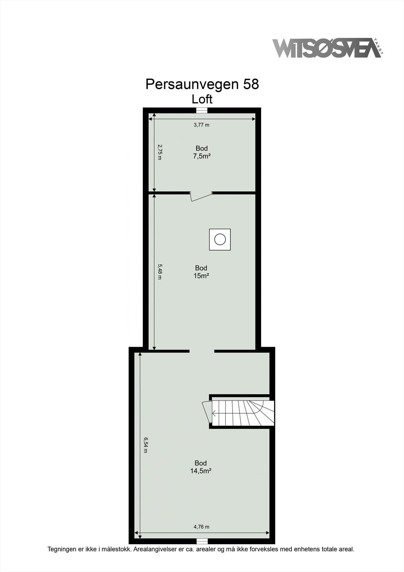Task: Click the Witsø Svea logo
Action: click(327, 49)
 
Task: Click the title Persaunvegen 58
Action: click(202, 84)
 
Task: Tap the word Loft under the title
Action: click(202, 99)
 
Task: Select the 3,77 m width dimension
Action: click(201, 125)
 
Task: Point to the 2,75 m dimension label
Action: click(160, 152)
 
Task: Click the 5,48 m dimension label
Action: click(160, 272)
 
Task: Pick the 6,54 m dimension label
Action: click(145, 445)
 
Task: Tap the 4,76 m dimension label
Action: click(201, 527)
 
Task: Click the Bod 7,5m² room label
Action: click(201, 152)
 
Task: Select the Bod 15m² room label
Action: click(201, 272)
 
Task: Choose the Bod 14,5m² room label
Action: click(201, 467)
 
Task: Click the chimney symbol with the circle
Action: click(220, 239)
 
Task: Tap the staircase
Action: click(243, 413)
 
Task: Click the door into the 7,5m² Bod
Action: click(201, 196)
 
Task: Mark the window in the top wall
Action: click(202, 110)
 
